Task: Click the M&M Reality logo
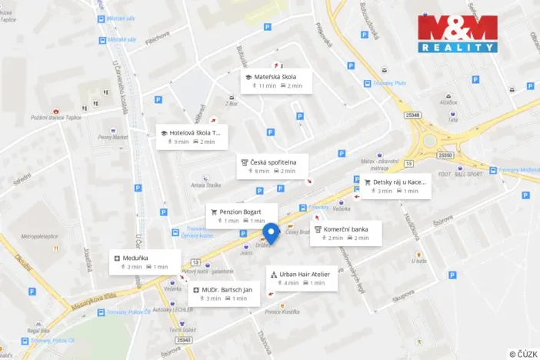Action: click(x=458, y=34)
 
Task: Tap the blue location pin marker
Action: click(x=270, y=232)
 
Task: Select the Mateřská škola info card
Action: click(x=275, y=81)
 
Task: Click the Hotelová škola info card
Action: click(x=192, y=136)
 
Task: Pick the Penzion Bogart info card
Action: click(x=242, y=215)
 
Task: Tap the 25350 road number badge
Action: click(x=445, y=155)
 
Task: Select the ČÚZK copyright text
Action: click(x=523, y=354)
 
